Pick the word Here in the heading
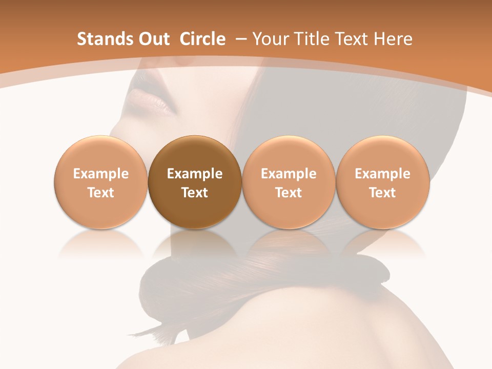click(393, 39)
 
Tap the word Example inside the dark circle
click(195, 174)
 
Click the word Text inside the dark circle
click(195, 193)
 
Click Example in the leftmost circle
click(100, 174)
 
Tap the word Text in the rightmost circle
click(382, 193)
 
